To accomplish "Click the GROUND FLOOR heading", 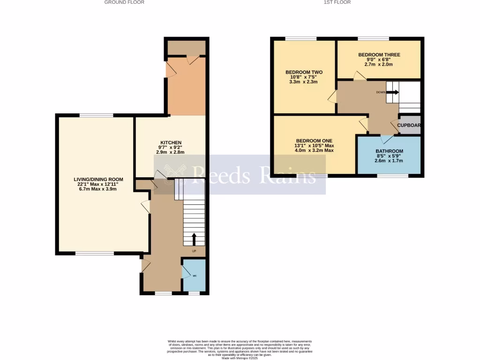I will pos(124,2).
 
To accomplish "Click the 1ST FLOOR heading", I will pos(337,2).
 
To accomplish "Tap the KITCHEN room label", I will pos(171,142).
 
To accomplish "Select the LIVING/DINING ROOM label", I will pos(98,179).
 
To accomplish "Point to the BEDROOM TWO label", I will pos(304,72).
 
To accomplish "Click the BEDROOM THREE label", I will pos(379,55).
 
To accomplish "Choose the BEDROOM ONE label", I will pos(314,141).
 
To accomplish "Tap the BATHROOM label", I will pos(389,151).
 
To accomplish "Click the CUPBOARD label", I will pos(409,125).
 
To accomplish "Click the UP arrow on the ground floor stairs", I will pos(194,240).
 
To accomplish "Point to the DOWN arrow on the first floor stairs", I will pos(392,92).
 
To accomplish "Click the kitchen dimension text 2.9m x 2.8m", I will pos(171,152).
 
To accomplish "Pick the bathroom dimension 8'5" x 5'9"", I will pos(389,156).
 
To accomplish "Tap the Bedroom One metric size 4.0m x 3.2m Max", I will pos(314,150).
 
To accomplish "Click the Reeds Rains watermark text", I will pos(253,176).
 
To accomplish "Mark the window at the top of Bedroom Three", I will pos(373,38).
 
